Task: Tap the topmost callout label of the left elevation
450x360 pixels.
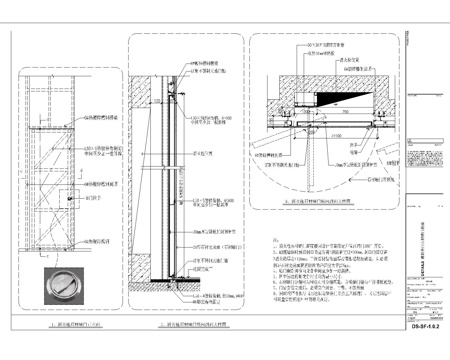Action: [x=96, y=116]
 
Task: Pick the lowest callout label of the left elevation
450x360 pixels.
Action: [x=95, y=241]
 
